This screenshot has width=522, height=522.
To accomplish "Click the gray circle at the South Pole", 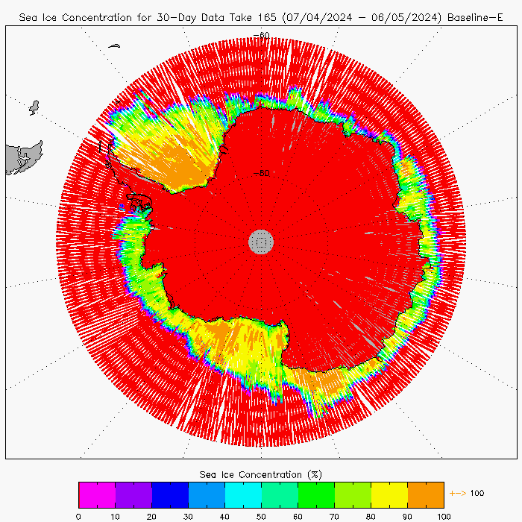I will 261,241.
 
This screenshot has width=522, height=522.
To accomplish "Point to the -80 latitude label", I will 261,173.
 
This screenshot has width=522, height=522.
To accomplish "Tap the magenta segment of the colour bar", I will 97,494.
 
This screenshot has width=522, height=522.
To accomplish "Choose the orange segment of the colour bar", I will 425,494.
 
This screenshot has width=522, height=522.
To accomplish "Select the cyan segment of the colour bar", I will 243,494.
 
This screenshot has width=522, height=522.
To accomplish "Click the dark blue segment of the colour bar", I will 170,494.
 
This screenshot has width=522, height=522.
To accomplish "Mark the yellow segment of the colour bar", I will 389,494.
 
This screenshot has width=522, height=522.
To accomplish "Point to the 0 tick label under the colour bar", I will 78,515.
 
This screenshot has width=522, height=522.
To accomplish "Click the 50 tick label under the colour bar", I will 261,515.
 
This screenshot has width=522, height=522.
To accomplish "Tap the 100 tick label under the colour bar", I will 443,515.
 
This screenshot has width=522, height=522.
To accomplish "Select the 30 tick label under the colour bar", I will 188,515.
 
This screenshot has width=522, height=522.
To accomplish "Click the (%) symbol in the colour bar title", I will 314,474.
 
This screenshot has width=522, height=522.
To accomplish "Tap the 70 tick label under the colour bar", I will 334,515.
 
